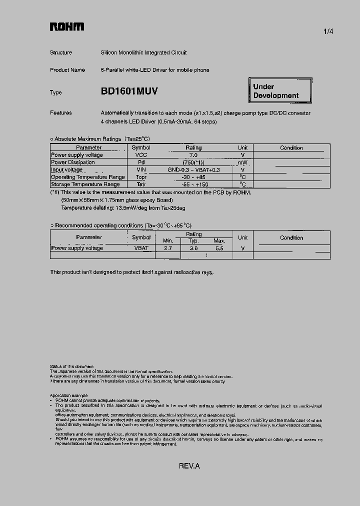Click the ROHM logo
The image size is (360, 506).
67,27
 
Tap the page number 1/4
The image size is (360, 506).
328,31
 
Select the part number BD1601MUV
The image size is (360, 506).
129,91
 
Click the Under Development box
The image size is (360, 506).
280,91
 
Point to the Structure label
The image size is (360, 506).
61,52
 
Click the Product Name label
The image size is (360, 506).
67,70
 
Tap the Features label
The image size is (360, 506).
61,113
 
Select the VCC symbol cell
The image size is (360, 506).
141,155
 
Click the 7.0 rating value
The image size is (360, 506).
193,155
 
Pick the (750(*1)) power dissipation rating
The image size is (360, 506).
193,162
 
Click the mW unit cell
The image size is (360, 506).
242,162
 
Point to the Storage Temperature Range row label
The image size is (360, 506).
85,184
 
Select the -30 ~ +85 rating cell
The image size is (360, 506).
193,177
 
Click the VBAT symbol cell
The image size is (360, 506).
141,248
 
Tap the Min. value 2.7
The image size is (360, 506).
168,248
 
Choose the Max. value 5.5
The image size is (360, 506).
219,248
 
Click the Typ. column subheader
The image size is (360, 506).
193,241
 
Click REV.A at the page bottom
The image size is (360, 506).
189,466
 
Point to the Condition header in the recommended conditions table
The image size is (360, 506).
291,238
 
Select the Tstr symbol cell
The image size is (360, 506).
141,184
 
